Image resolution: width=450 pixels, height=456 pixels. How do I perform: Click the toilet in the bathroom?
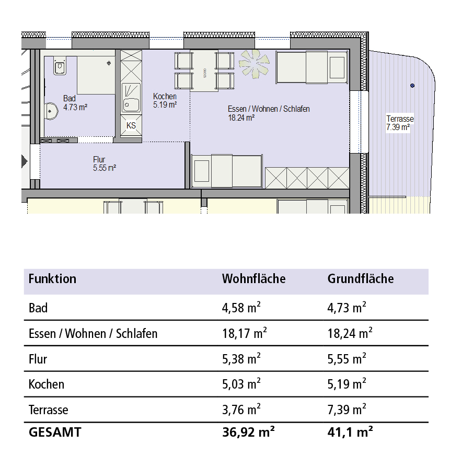tap(60, 65)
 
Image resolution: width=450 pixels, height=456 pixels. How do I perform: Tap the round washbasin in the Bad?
tap(52, 111)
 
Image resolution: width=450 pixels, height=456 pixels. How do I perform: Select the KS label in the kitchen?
tap(131, 125)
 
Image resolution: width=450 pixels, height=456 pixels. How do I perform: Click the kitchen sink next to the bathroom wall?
tap(131, 98)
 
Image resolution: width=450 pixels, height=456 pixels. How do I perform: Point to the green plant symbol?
tap(254, 64)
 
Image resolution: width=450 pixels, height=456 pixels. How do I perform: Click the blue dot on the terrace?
tap(412, 86)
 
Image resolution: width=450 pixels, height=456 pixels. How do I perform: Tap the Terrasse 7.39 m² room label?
tap(400, 123)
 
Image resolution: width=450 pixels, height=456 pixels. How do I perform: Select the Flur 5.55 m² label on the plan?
tap(105, 163)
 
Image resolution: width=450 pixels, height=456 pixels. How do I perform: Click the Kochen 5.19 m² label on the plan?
tap(165, 100)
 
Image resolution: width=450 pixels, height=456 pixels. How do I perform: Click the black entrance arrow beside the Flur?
tap(25, 161)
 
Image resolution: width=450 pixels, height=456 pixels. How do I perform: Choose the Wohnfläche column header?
tap(253, 278)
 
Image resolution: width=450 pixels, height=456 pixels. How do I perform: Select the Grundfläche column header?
tap(361, 278)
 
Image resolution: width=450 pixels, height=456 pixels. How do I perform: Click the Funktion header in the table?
tap(52, 278)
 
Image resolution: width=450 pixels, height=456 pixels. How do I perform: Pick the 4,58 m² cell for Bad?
tap(241, 308)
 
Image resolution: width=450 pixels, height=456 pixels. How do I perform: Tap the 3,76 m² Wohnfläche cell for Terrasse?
tap(241, 410)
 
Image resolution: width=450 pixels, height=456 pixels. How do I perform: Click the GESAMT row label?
tap(55, 432)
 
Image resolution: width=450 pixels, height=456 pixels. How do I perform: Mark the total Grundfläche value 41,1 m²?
tap(350, 432)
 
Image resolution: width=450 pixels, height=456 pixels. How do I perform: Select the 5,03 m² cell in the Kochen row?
tap(241, 384)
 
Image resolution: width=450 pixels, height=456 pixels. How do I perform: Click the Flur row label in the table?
tap(38, 359)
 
